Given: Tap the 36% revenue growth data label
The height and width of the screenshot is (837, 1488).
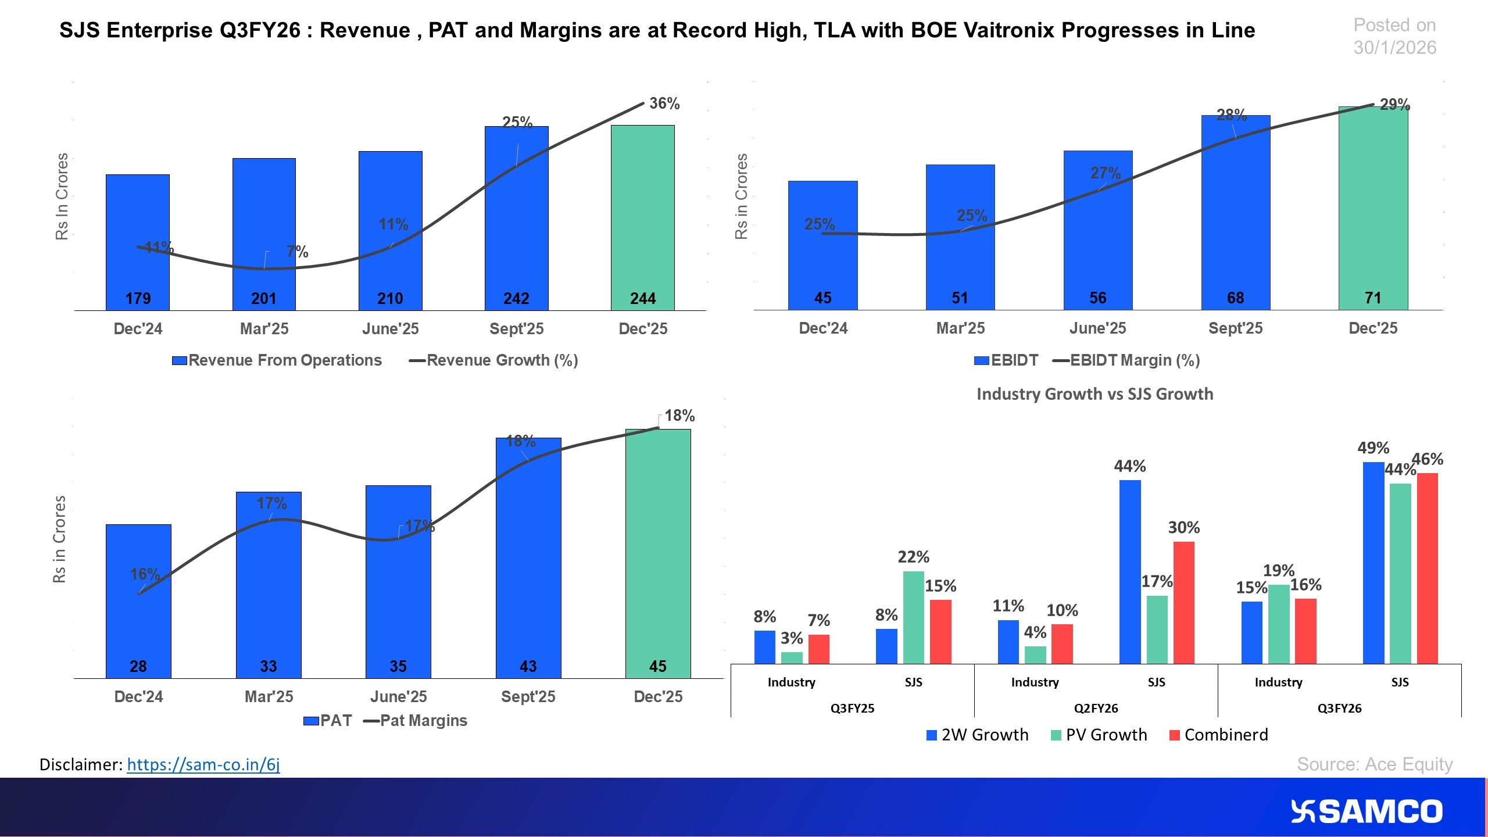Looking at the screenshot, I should [x=664, y=103].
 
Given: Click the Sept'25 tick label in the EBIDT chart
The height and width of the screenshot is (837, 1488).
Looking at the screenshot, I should [x=1235, y=328].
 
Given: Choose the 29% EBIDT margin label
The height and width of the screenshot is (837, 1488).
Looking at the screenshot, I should [x=1394, y=105].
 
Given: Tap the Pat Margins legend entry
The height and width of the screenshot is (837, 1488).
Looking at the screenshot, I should [x=416, y=721].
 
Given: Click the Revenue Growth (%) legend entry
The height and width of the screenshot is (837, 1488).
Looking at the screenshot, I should [x=494, y=360].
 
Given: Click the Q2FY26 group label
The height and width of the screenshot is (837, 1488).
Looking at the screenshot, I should [x=1096, y=708].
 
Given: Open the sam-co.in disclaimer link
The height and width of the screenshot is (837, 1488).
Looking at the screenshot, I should [x=203, y=764].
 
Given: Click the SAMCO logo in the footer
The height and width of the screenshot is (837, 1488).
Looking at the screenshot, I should [x=1366, y=811].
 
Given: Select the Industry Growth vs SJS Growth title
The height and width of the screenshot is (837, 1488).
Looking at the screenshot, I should [x=1094, y=394].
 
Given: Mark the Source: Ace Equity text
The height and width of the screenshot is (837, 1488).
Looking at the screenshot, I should [x=1374, y=764].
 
